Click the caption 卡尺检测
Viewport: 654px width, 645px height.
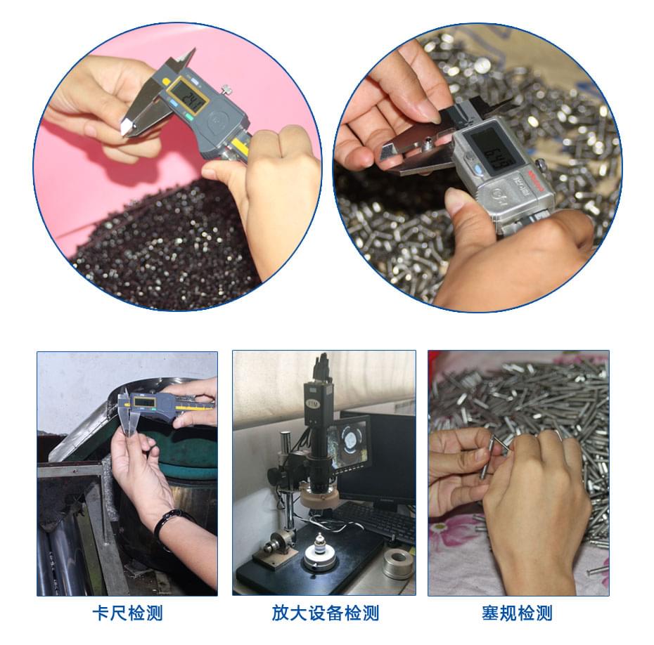click(127, 613)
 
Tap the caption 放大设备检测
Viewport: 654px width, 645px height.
click(325, 613)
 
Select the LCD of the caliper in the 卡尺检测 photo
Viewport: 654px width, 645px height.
click(144, 403)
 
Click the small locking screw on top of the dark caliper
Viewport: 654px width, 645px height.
click(226, 89)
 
